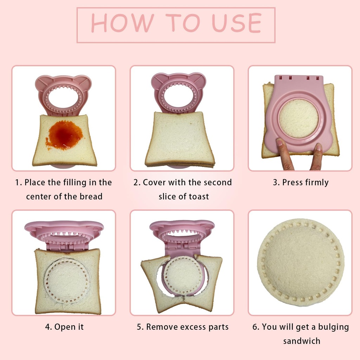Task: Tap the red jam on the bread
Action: pos(65,135)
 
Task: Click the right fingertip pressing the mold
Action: pos(318,148)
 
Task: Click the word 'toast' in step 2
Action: pos(199,197)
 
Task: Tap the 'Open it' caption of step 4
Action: pos(69,327)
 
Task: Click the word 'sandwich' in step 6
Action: pos(302,341)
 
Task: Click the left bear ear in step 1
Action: pos(41,83)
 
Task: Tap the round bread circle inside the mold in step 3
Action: pos(298,118)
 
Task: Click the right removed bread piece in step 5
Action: pos(211,281)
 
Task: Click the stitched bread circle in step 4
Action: pos(67,281)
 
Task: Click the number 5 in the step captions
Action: pos(139,327)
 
